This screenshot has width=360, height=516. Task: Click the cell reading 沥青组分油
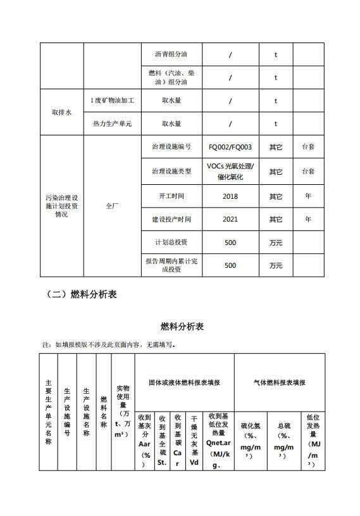[x=171, y=54]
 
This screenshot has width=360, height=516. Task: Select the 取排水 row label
[x=61, y=112]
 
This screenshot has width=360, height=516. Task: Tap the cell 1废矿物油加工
[x=112, y=101]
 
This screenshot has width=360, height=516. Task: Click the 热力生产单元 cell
[x=112, y=123]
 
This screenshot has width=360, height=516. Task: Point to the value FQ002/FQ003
[x=230, y=147]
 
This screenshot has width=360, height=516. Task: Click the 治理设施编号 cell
[x=171, y=147]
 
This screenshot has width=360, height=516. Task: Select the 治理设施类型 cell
[x=171, y=172]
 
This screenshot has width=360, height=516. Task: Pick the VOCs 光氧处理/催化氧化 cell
[x=230, y=172]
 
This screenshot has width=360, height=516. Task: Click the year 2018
[x=230, y=196]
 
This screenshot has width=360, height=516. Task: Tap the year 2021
[x=230, y=220]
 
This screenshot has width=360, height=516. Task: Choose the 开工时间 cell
[x=171, y=196]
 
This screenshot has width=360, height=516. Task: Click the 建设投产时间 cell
[x=171, y=220]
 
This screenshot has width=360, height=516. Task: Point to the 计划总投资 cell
[x=171, y=242]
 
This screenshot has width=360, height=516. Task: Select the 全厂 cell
[x=112, y=206]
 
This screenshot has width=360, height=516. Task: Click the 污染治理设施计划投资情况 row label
[x=61, y=206]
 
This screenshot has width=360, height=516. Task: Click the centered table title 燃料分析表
[x=182, y=327]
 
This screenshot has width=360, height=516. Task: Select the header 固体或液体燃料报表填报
[x=184, y=383]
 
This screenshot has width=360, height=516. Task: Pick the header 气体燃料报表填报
[x=279, y=383]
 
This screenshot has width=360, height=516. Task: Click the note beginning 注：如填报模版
[x=109, y=345]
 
